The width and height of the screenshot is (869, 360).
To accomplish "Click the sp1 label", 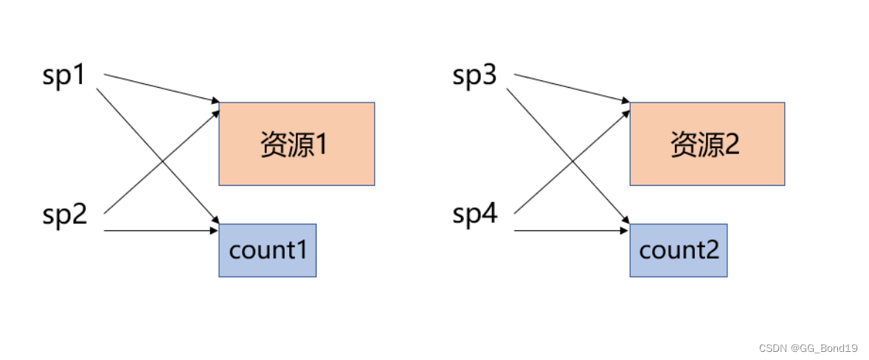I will (x=64, y=77).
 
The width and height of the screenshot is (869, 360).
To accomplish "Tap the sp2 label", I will (x=64, y=215).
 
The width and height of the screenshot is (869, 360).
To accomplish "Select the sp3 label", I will (x=474, y=77).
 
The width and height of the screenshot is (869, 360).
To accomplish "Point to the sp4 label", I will (x=474, y=215).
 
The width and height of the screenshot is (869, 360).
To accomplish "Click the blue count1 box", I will (x=267, y=250).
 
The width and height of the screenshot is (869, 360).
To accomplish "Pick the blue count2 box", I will (x=678, y=250).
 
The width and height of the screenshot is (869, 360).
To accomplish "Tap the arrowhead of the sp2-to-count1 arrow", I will (x=215, y=231).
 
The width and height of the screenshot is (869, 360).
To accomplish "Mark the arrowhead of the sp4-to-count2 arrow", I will (x=626, y=231).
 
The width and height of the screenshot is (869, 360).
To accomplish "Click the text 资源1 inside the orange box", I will (x=294, y=145).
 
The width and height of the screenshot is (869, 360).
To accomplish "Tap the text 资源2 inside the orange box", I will (x=704, y=145).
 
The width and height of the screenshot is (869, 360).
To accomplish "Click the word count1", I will (x=267, y=251).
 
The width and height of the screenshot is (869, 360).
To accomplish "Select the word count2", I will (x=678, y=251).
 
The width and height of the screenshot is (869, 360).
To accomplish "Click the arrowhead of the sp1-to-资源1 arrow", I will (x=215, y=101).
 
